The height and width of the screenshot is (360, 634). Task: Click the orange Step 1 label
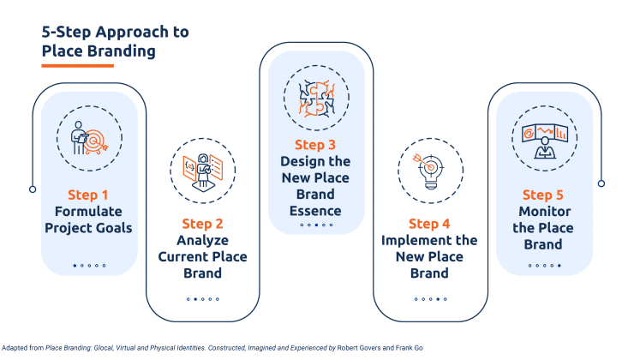[x=89, y=195]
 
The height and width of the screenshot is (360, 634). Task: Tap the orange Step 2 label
[x=201, y=225]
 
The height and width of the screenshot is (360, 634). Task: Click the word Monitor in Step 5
[x=545, y=211]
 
